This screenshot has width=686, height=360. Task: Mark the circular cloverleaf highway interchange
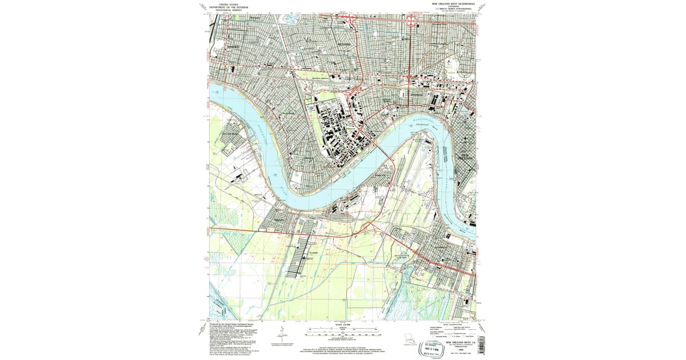(411, 22)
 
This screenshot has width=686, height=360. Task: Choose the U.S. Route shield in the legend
(450, 337)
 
